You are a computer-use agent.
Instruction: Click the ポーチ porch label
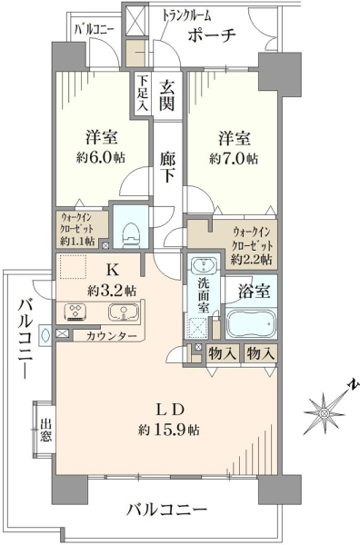tap(212, 35)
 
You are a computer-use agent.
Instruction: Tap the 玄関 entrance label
tap(167, 94)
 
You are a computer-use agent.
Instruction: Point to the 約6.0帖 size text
tap(101, 158)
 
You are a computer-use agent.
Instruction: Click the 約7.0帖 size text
tap(234, 159)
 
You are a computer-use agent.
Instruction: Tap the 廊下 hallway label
tap(167, 167)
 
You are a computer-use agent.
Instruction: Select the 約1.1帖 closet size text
tap(77, 242)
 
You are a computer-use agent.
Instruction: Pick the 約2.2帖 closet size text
tap(252, 260)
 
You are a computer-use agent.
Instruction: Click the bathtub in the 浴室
tap(251, 323)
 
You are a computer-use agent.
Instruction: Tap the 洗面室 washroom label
tap(204, 293)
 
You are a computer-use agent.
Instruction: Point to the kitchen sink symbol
tap(124, 312)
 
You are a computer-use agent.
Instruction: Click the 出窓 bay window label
tap(45, 430)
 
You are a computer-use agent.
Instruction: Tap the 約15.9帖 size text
tap(169, 431)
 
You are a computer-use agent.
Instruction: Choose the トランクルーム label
tap(186, 15)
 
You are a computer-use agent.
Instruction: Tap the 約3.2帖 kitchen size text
tap(112, 291)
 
